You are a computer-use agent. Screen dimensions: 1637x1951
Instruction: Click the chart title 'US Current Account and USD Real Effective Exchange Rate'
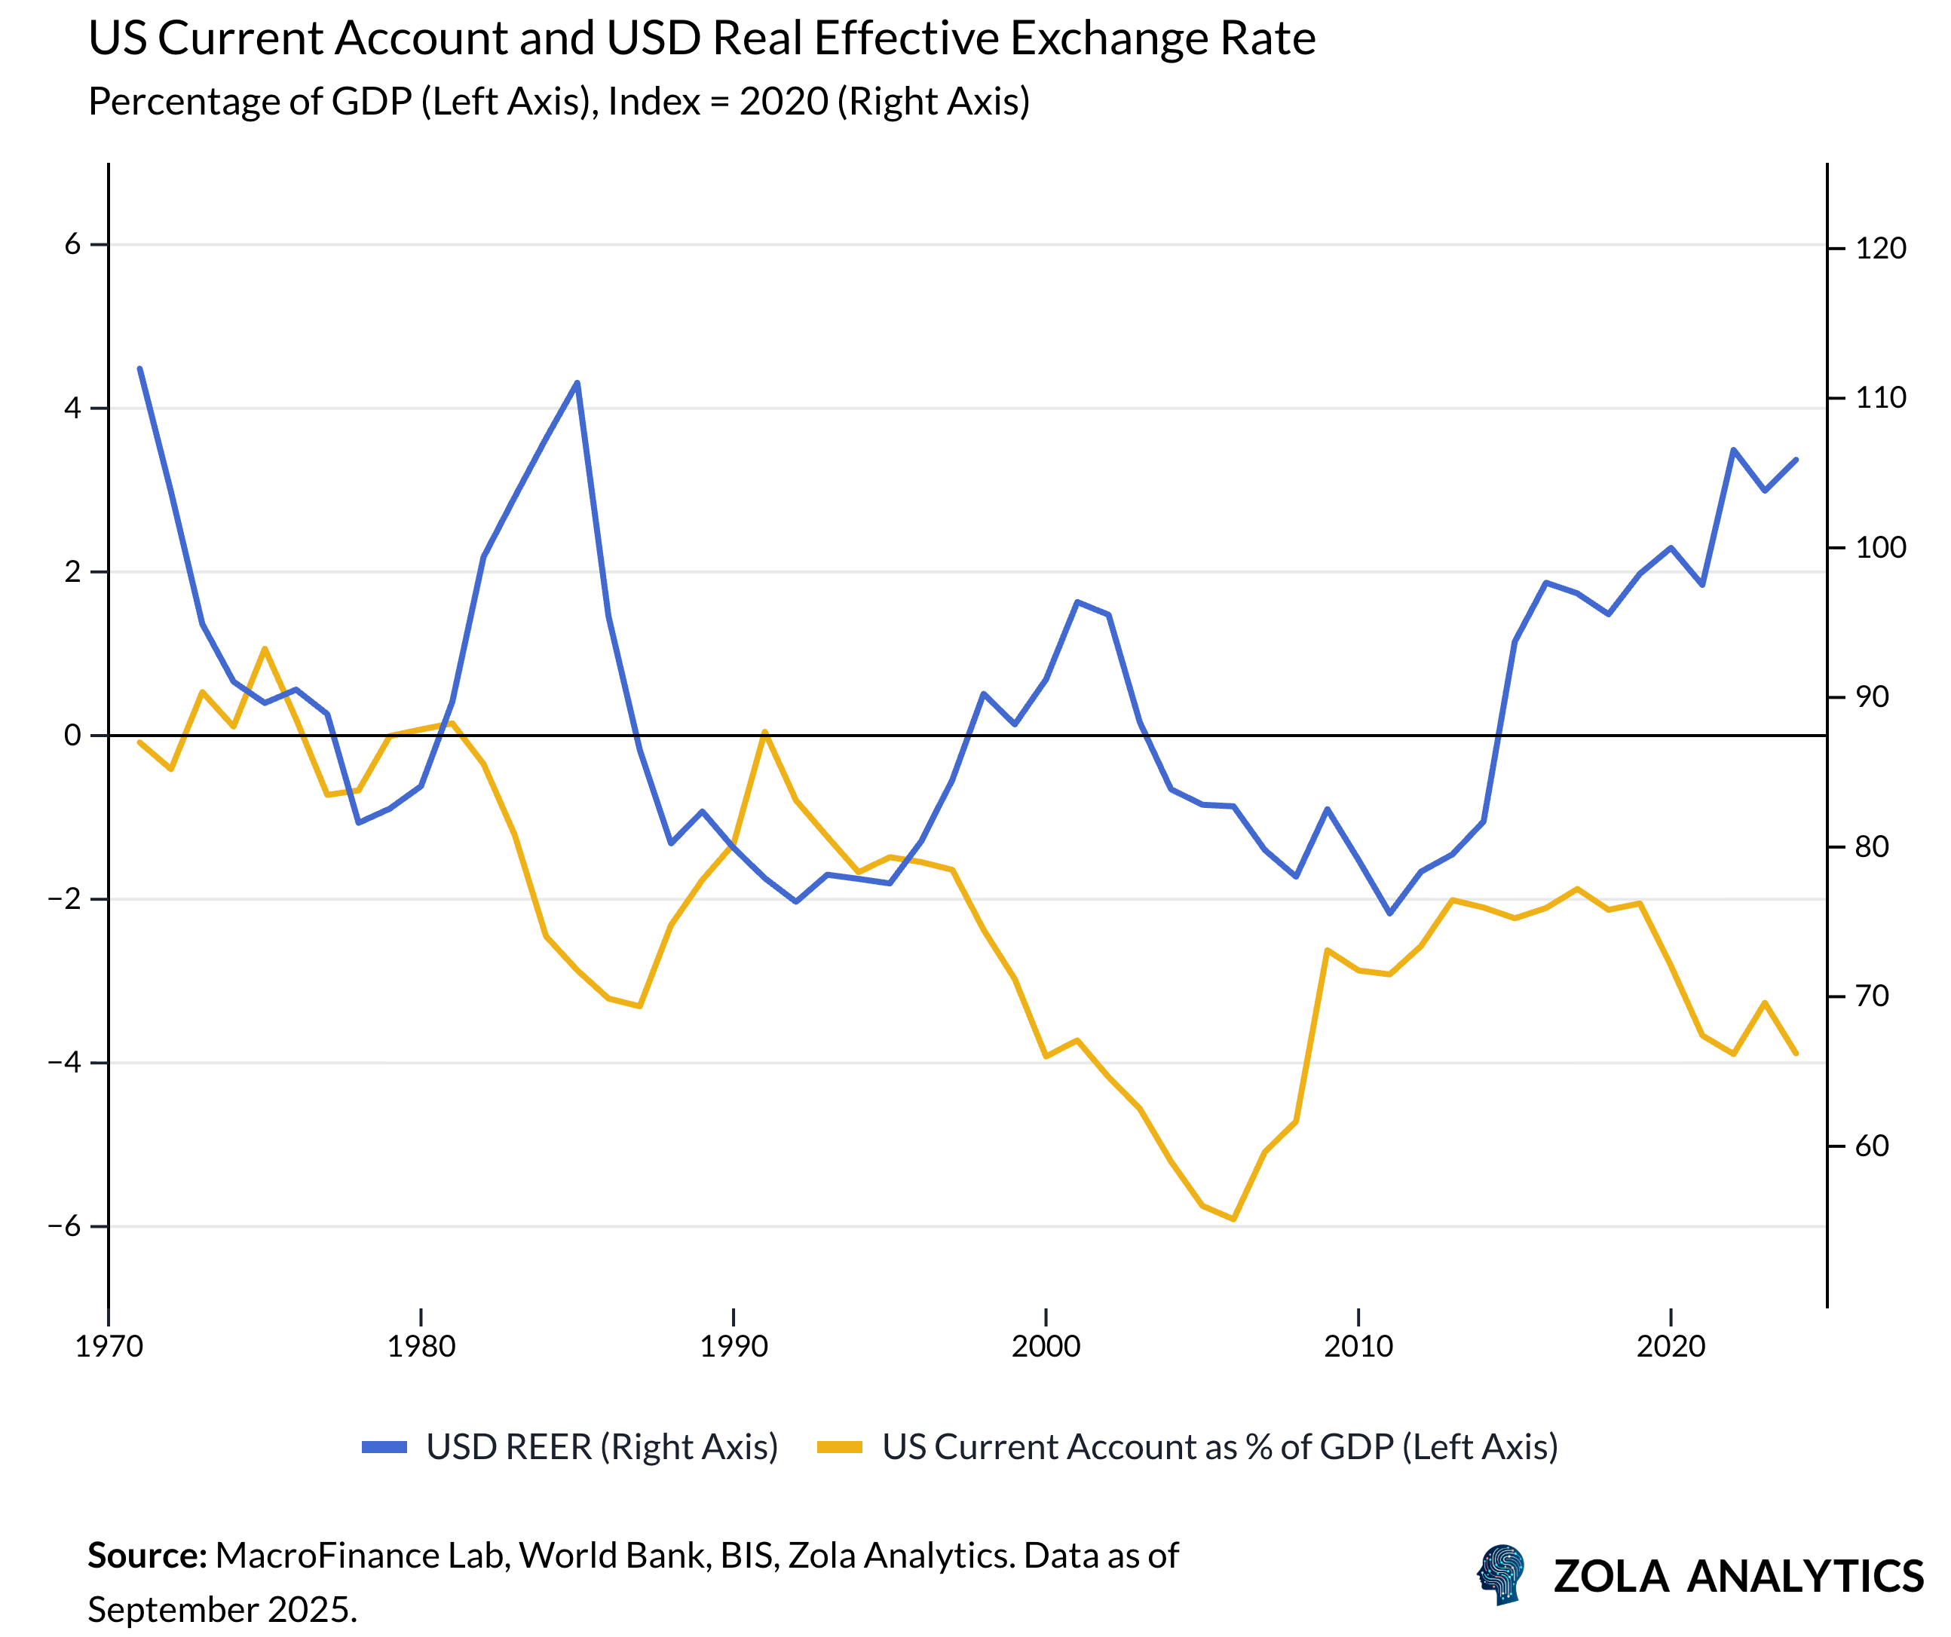[x=701, y=39]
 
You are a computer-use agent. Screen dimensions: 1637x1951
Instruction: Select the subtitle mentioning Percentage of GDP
[x=559, y=101]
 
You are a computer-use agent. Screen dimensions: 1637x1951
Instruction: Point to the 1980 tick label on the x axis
[x=421, y=1346]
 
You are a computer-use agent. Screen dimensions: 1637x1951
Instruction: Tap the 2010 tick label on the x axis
[x=1358, y=1346]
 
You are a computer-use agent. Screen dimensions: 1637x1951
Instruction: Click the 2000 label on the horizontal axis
[x=1046, y=1346]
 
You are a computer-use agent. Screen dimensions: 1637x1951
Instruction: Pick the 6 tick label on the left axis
[x=72, y=244]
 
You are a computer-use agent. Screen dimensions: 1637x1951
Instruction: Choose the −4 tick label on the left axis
[x=65, y=1062]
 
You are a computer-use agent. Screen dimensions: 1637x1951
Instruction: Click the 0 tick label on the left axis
[x=72, y=735]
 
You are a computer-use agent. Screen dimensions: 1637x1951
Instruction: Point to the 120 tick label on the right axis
[x=1880, y=248]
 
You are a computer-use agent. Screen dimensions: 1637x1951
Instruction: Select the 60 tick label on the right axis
[x=1872, y=1146]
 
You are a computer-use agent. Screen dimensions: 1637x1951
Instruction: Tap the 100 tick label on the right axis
[x=1880, y=547]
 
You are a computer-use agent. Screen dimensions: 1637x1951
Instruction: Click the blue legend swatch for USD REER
[x=384, y=1446]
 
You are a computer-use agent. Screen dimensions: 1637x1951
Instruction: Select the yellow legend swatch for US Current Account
[x=840, y=1446]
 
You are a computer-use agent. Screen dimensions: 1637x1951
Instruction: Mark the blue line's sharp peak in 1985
[x=578, y=383]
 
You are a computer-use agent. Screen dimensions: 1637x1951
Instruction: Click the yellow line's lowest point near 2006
[x=1233, y=1219]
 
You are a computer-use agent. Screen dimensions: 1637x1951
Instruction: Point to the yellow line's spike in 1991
[x=764, y=732]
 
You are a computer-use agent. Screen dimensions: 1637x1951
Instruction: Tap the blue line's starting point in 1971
[x=140, y=369]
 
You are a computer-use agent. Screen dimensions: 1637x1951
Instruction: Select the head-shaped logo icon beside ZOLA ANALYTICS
[x=1502, y=1574]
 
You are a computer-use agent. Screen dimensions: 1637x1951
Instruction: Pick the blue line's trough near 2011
[x=1390, y=913]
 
